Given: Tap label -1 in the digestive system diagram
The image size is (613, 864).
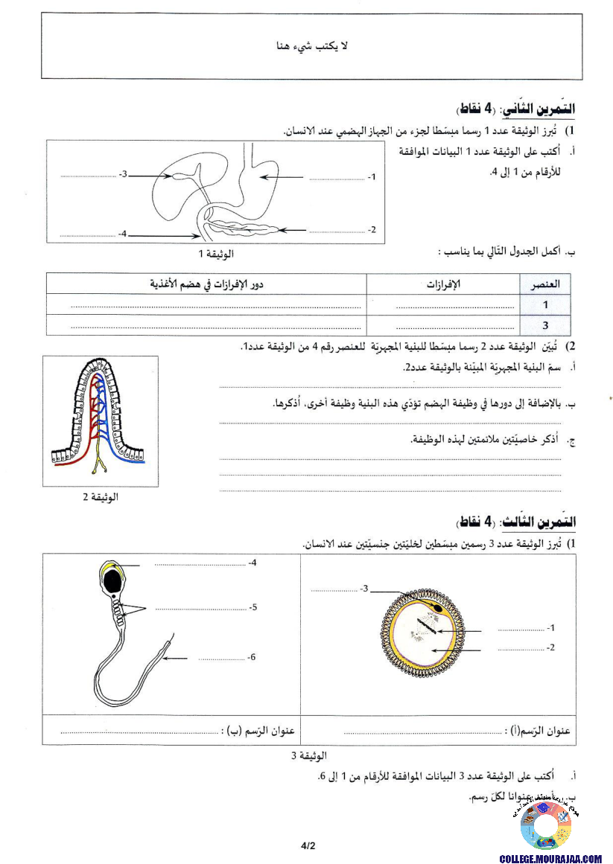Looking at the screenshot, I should pyautogui.click(x=372, y=177).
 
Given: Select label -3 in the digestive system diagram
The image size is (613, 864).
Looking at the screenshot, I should pyautogui.click(x=124, y=174).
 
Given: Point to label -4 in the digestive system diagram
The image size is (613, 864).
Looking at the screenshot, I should pyautogui.click(x=123, y=234).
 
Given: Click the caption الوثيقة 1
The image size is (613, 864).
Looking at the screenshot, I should pyautogui.click(x=215, y=254).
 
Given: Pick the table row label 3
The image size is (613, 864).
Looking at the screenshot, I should pyautogui.click(x=545, y=325).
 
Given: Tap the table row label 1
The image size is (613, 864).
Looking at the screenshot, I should pyautogui.click(x=545, y=304).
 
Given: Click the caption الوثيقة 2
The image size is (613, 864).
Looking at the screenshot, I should pyautogui.click(x=100, y=496).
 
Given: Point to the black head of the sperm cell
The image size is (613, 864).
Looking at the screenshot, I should pyautogui.click(x=112, y=583).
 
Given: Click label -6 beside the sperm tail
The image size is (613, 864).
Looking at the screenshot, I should pyautogui.click(x=252, y=657).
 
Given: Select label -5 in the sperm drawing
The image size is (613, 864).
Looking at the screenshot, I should pyautogui.click(x=252, y=607).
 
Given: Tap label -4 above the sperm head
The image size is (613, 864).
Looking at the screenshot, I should pyautogui.click(x=252, y=563).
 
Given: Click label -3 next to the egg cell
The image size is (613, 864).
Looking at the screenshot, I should pyautogui.click(x=364, y=589).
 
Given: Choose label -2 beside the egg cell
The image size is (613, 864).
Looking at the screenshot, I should pyautogui.click(x=550, y=647).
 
